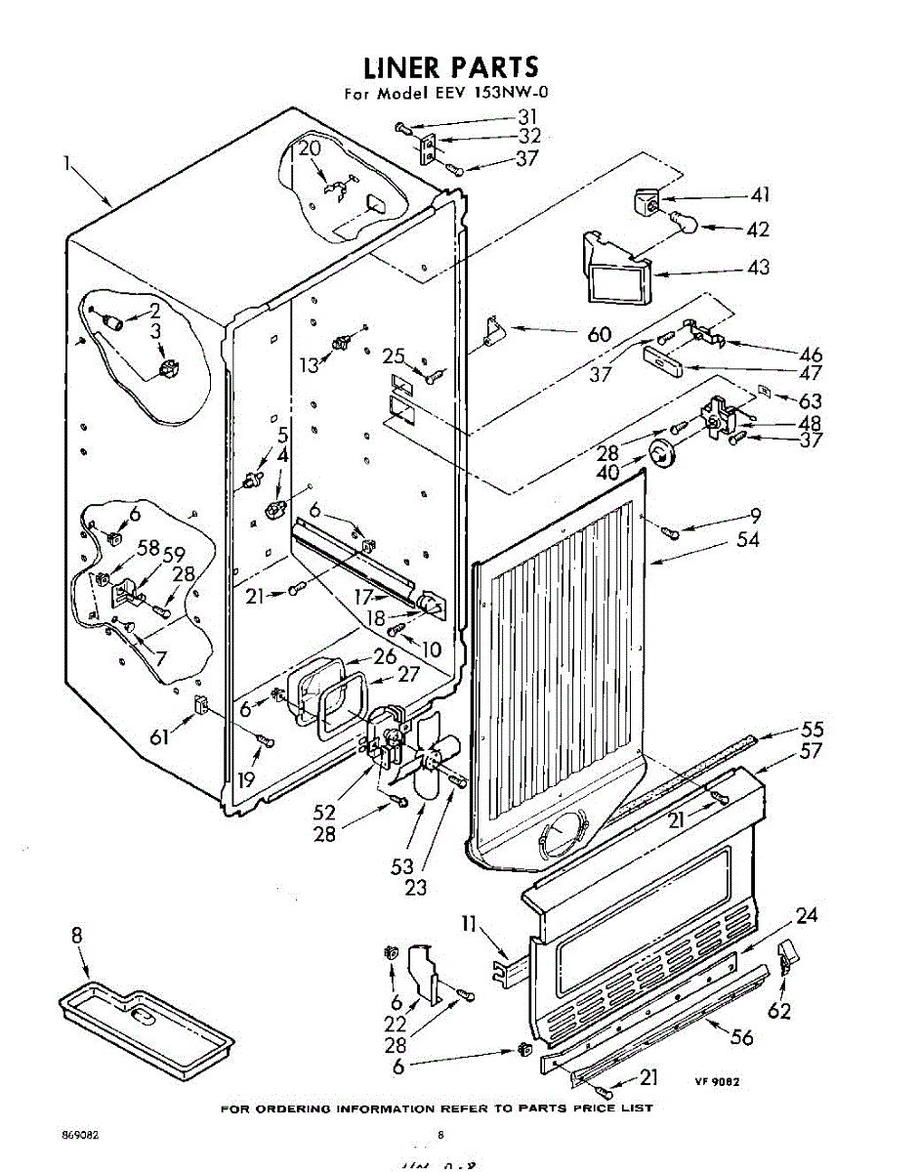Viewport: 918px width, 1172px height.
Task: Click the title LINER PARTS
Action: (x=450, y=67)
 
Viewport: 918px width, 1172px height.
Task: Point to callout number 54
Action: (x=749, y=540)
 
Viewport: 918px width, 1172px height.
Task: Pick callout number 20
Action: (x=310, y=149)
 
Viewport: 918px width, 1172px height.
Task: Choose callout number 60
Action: (x=599, y=335)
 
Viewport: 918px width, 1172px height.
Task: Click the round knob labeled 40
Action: (x=663, y=454)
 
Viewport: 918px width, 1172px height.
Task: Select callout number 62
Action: (x=778, y=1012)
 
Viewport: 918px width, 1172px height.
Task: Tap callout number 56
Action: (x=743, y=1037)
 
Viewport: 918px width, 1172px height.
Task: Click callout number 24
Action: (x=806, y=915)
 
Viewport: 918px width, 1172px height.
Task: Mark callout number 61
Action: (x=159, y=736)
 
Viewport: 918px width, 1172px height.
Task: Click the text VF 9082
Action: (x=717, y=1081)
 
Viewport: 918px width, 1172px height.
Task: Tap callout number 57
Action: (x=811, y=751)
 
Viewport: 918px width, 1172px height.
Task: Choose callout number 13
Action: (x=309, y=365)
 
